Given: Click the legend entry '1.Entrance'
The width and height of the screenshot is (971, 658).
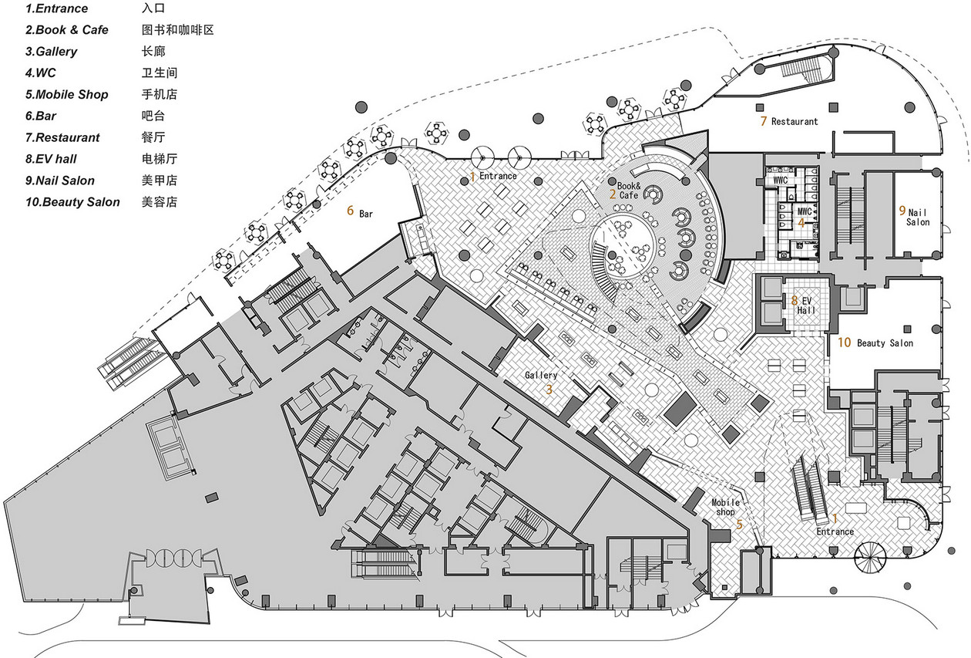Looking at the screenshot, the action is (x=56, y=8).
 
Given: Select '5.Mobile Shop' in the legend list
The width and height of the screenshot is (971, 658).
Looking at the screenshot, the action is (x=67, y=94).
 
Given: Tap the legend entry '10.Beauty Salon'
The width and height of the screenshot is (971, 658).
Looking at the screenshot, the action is (x=72, y=202).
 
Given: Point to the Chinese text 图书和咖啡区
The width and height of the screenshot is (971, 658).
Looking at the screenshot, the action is (x=178, y=30).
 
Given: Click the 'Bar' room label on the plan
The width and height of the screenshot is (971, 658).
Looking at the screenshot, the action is (x=366, y=214).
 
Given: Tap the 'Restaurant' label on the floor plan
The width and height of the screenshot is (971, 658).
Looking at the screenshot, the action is (x=795, y=122).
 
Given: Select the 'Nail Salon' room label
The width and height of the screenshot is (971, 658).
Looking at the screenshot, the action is (x=918, y=218).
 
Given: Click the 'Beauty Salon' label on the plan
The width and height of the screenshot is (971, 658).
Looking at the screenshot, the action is (x=885, y=343).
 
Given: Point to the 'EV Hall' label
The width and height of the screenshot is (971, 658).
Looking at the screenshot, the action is (x=806, y=305).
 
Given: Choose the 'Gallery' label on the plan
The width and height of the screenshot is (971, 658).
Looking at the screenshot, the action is (x=541, y=375).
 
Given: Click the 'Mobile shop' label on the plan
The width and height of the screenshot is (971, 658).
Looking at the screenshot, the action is (x=725, y=507).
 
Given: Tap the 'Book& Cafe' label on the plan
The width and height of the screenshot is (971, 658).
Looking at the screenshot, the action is (x=629, y=191).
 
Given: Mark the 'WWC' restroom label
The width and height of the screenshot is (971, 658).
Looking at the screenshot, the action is (x=780, y=180).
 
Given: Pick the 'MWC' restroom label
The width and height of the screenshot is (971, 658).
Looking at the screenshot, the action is (x=805, y=211).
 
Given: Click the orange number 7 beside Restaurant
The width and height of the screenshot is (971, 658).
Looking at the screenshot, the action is (x=764, y=121).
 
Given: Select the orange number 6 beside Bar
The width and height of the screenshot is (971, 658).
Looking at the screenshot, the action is (x=350, y=211).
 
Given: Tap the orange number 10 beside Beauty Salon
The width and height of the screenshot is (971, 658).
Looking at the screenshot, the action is (x=844, y=342).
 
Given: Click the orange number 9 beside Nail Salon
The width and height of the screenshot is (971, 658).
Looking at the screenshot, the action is (x=902, y=211).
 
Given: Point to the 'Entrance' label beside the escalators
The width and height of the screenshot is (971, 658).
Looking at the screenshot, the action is (x=835, y=531).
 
